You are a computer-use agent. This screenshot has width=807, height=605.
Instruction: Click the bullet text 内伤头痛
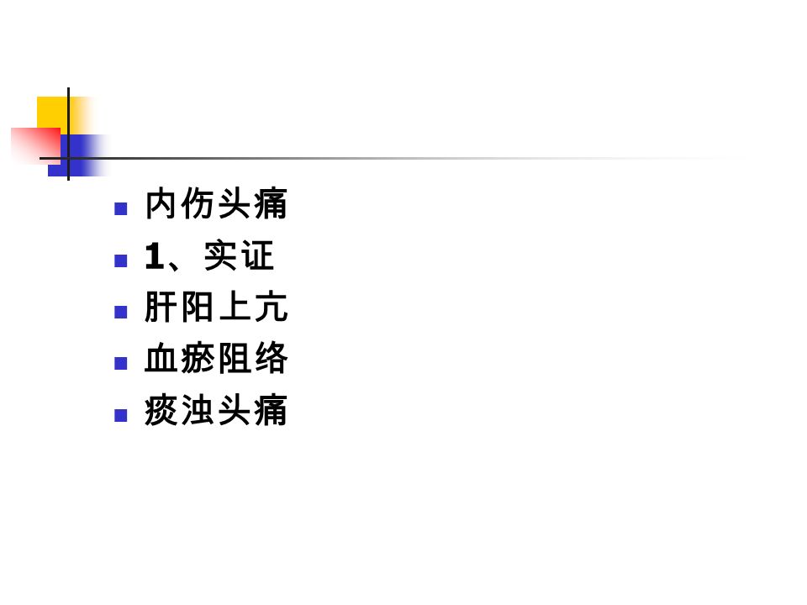216,203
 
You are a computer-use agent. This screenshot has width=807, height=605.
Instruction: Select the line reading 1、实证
209,255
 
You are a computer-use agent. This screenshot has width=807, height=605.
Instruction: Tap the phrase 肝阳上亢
216,307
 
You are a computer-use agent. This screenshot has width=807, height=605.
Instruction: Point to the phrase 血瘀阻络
216,358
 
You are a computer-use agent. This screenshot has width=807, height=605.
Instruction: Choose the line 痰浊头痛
216,410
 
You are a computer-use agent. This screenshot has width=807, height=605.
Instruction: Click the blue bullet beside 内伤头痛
120,209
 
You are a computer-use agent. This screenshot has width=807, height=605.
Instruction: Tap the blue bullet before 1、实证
120,260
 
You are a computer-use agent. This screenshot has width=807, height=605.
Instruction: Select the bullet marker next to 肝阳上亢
120,313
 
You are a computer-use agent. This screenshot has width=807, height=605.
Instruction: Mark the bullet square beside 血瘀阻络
120,364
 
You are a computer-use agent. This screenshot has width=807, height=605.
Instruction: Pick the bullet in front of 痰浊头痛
120,415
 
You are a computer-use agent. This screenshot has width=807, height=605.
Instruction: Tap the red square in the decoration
35,144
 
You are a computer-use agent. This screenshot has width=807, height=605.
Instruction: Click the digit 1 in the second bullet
154,256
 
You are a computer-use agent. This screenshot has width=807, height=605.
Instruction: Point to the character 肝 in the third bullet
161,307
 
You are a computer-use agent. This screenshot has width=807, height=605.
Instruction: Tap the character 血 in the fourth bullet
161,358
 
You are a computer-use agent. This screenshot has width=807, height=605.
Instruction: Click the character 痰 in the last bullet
161,410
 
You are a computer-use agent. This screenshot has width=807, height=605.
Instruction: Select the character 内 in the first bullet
161,203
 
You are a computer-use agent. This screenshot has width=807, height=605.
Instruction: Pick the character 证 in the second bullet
257,255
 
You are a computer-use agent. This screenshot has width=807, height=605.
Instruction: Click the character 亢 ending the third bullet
272,307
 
